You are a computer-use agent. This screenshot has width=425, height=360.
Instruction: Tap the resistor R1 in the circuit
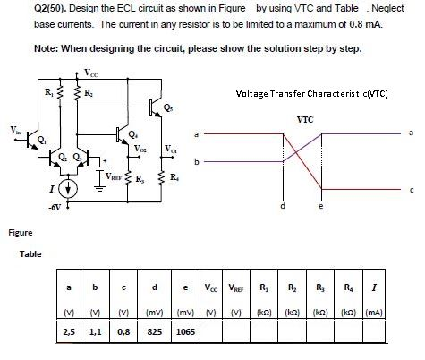pos(60,92)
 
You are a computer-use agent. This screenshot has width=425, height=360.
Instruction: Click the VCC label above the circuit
pos(92,72)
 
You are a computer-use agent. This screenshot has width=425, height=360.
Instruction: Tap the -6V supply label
pos(55,208)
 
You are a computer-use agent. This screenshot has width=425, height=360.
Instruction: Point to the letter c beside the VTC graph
pos(412,189)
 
